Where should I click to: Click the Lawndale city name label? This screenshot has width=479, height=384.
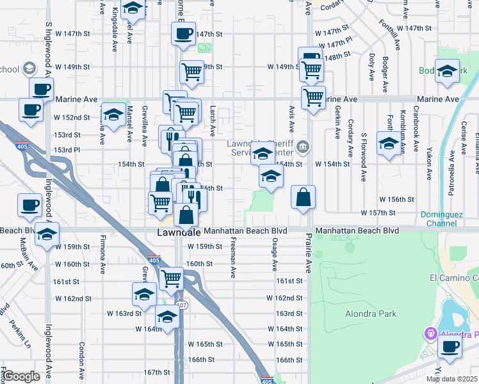[179, 233]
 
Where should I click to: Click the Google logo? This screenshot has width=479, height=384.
[21, 376]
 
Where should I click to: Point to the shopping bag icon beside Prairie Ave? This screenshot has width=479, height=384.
[304, 198]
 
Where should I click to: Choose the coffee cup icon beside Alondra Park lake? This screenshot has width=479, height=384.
[450, 349]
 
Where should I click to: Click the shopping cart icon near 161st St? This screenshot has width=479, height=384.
[171, 279]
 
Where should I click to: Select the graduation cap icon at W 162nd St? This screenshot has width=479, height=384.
[145, 294]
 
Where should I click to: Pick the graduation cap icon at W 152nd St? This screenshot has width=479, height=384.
[114, 115]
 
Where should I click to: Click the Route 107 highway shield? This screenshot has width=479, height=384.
[183, 305]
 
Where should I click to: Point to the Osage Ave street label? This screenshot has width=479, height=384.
[274, 255]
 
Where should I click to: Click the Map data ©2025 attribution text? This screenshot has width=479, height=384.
[452, 380]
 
